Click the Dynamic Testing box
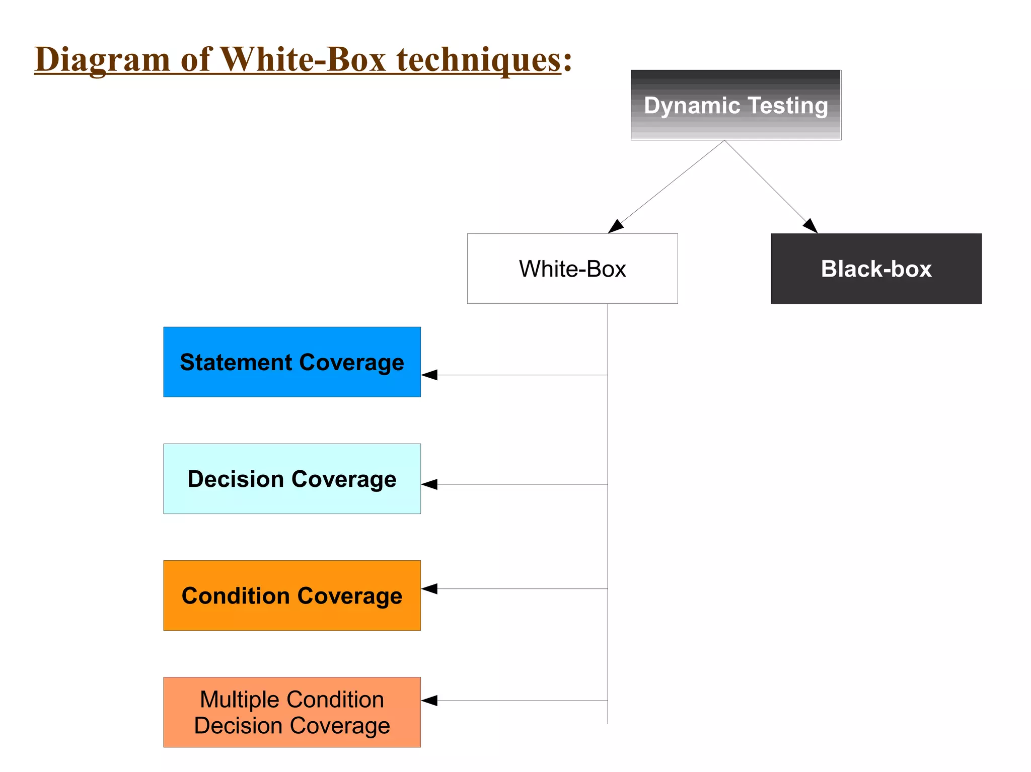735,105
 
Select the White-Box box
572,269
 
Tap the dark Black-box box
876,269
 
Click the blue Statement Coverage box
292,362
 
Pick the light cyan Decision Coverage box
292,479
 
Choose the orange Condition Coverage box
292,595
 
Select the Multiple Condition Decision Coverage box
292,712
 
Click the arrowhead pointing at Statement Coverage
429,375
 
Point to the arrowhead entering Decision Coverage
429,484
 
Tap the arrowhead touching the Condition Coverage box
429,588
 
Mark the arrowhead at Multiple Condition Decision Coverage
429,701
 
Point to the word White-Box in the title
303,59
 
